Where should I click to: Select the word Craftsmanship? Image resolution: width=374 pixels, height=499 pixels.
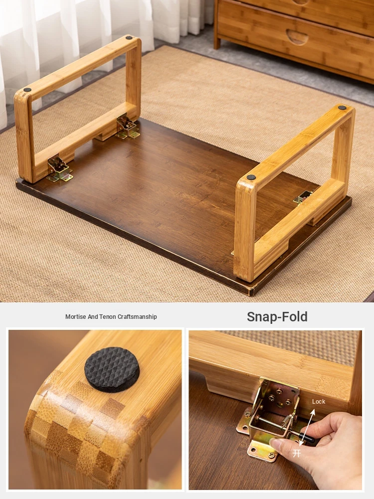point(138,317)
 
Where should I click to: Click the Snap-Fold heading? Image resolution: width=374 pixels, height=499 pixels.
point(277,317)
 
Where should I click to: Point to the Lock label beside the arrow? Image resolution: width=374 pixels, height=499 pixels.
point(318,402)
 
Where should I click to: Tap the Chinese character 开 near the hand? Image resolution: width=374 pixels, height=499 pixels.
point(296,453)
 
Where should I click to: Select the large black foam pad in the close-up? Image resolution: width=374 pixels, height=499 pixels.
point(112,369)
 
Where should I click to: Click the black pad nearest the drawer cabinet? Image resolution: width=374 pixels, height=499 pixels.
point(342,108)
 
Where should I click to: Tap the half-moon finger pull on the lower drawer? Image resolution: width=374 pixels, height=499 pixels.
point(297,36)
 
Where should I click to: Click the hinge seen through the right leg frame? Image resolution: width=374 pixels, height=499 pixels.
point(304,197)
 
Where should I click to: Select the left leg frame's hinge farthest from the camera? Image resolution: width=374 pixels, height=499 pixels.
point(127,127)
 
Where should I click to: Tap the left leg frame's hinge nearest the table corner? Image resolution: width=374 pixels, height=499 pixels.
point(59,169)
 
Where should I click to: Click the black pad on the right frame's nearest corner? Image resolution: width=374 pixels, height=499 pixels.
point(251,177)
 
